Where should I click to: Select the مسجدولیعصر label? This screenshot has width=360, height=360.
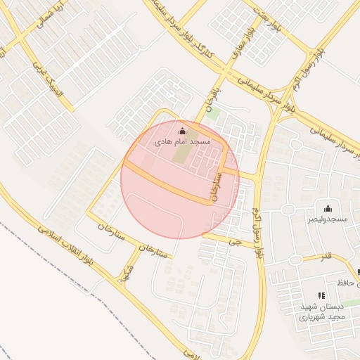[x=327, y=219]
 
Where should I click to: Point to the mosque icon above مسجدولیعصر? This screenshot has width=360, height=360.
[x=327, y=208]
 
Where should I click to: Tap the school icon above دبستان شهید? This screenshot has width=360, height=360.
[x=321, y=296]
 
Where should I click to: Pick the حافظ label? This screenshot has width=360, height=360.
[x=342, y=282]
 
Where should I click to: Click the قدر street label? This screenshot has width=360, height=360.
[x=325, y=256]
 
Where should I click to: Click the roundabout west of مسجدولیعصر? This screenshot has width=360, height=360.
[x=287, y=209]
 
